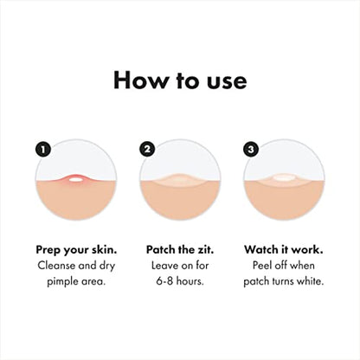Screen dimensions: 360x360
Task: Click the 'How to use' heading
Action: click(179, 81)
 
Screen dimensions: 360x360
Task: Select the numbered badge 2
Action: click(147, 149)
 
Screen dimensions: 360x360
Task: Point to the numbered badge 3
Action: click(251, 149)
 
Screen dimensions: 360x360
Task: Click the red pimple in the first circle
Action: click(74, 179)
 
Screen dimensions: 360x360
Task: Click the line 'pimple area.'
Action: click(75, 283)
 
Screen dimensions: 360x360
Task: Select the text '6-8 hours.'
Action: click(179, 283)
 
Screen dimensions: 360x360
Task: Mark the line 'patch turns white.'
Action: click(283, 283)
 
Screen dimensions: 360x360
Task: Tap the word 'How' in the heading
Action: click(138, 81)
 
